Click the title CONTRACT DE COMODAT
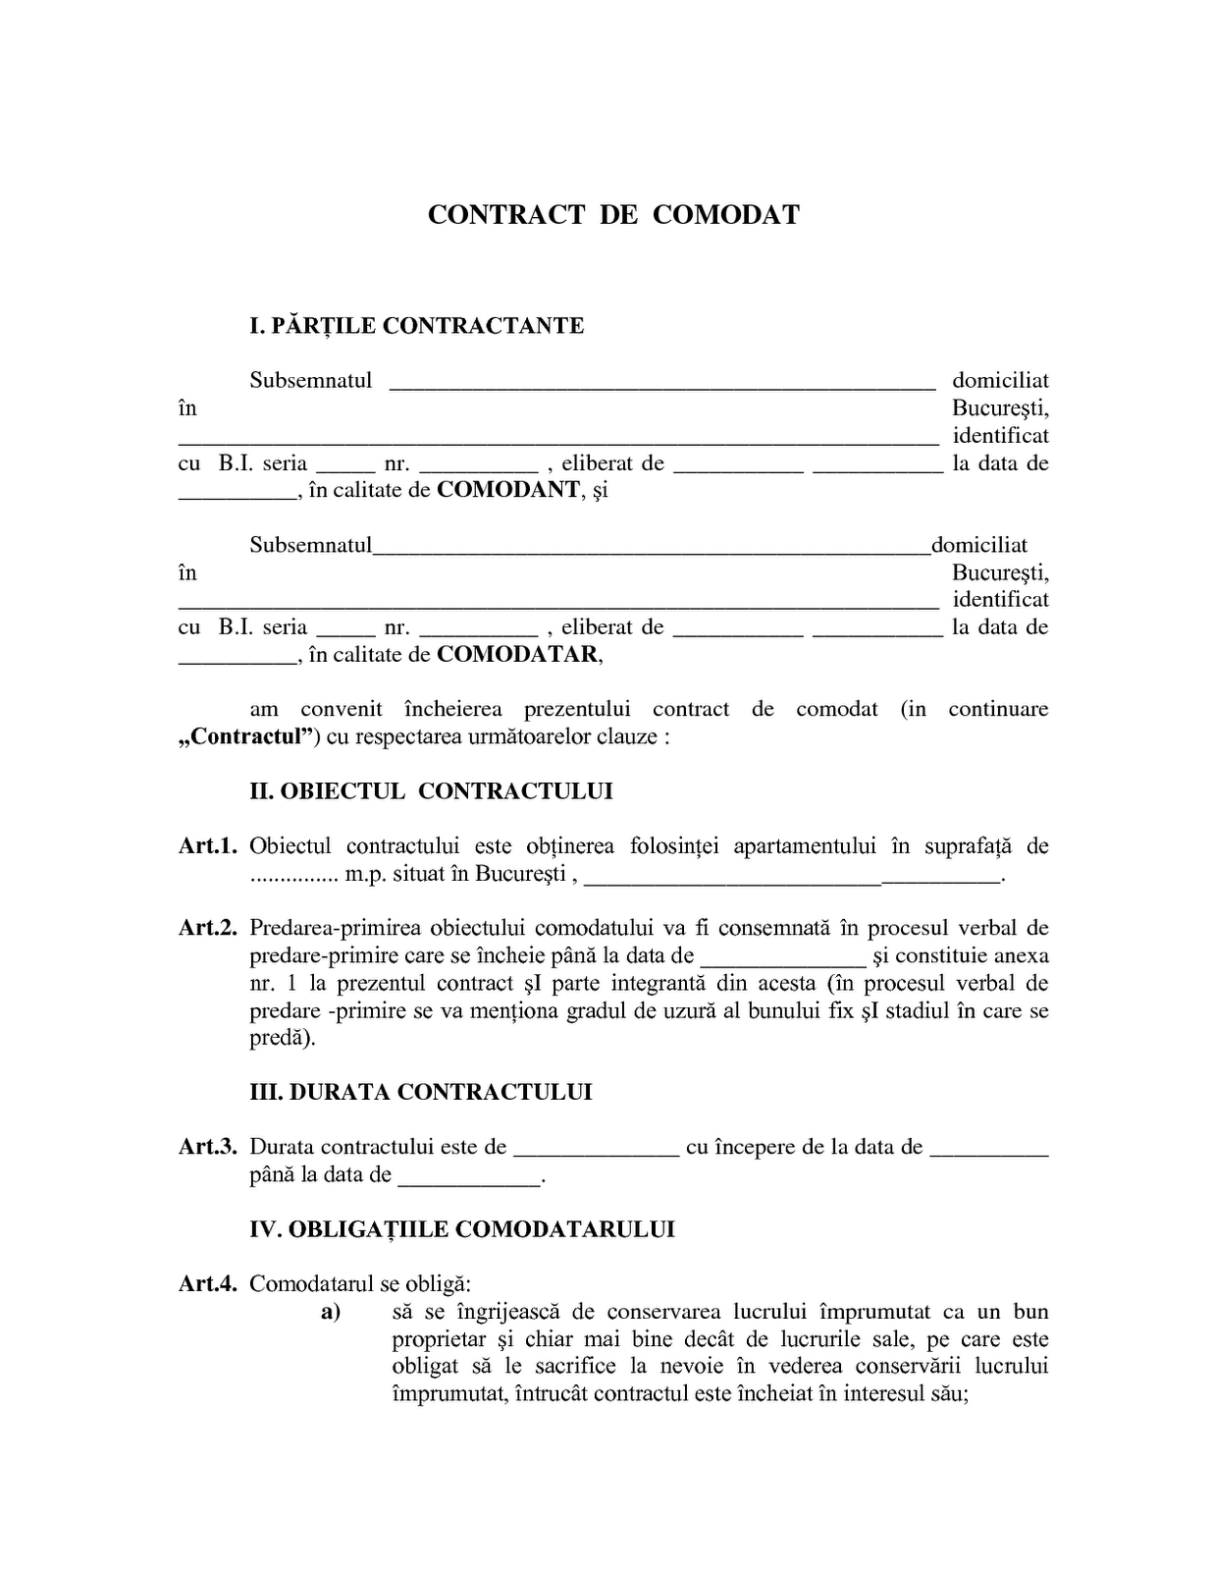coord(613,215)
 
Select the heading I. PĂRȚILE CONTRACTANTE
coord(416,326)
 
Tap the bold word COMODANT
coord(507,490)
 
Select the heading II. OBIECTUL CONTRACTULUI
coord(431,791)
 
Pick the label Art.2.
coord(208,928)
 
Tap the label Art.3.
coord(208,1147)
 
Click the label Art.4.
coord(208,1283)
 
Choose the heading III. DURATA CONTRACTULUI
coord(421,1092)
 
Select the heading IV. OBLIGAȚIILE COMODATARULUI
coord(462,1229)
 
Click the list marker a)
coord(330,1312)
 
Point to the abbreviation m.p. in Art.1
coord(365,874)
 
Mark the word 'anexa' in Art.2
coord(1021,955)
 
